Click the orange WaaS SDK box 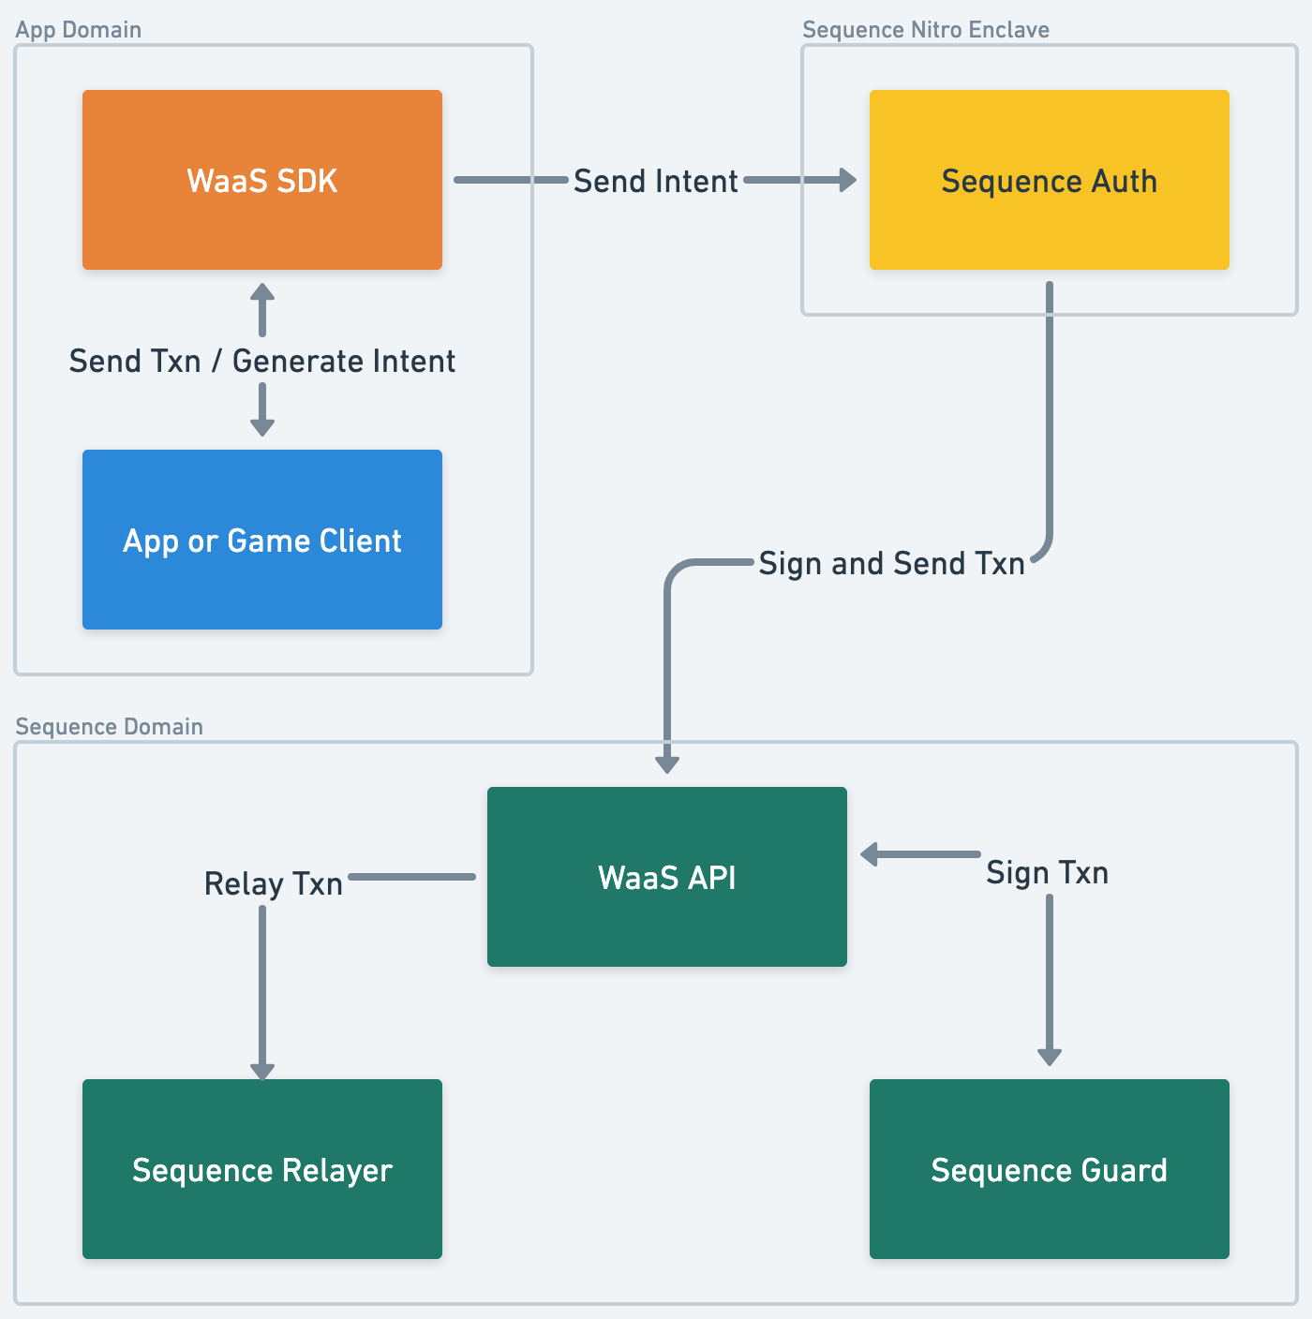click(x=262, y=180)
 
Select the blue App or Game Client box click(x=262, y=540)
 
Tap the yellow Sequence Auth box click(x=1049, y=180)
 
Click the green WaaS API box click(x=666, y=877)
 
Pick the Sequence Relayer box click(x=262, y=1169)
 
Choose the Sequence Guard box click(x=1049, y=1169)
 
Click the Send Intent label click(x=655, y=181)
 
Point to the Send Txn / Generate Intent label click(x=262, y=361)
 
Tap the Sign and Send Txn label click(x=891, y=563)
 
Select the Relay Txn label click(x=274, y=883)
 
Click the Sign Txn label click(x=1047, y=872)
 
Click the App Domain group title click(x=79, y=30)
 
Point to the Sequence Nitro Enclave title click(x=926, y=30)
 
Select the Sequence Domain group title click(x=110, y=727)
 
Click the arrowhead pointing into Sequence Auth click(x=848, y=180)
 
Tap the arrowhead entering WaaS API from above click(x=667, y=764)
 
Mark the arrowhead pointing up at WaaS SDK click(x=262, y=292)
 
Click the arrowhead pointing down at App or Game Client click(x=262, y=427)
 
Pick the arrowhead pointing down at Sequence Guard click(x=1050, y=1057)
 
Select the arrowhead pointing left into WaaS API click(x=870, y=854)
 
